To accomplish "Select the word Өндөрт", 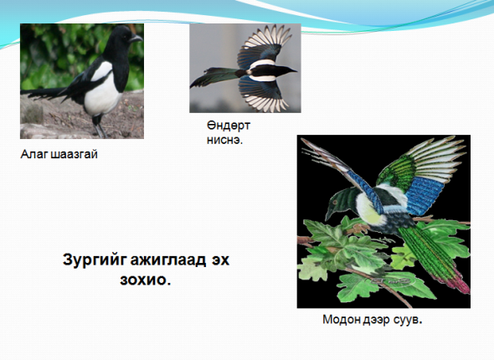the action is pyautogui.click(x=229, y=126).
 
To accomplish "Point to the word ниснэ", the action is pyautogui.click(x=224, y=140).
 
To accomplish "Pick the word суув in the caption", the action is pyautogui.click(x=408, y=320).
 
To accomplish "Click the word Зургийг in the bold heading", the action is pyautogui.click(x=95, y=260).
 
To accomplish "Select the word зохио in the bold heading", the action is pyautogui.click(x=145, y=280).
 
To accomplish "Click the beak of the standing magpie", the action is pyautogui.click(x=136, y=39).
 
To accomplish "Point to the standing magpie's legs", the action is pyautogui.click(x=100, y=126).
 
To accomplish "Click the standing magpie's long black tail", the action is pyautogui.click(x=46, y=94).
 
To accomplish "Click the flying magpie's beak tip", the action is pyautogui.click(x=296, y=70).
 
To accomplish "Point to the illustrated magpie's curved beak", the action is pyautogui.click(x=328, y=214).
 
